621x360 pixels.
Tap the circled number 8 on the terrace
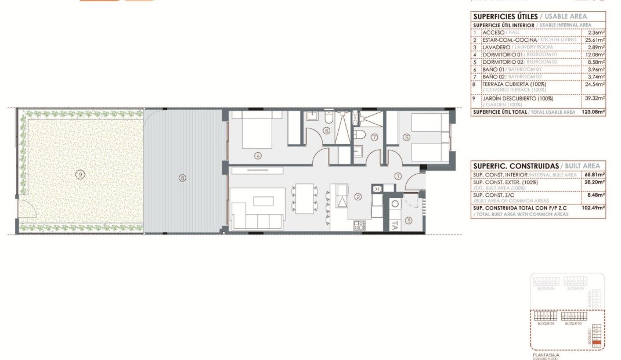[182, 178]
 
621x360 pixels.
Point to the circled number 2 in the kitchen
[358, 197]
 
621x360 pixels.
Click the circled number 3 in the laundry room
[409, 220]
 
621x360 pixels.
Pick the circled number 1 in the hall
[398, 176]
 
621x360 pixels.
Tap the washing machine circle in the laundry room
[395, 204]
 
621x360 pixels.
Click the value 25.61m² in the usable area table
[595, 39]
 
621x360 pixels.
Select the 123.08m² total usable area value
[593, 112]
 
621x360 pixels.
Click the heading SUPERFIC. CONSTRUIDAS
[504, 165]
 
